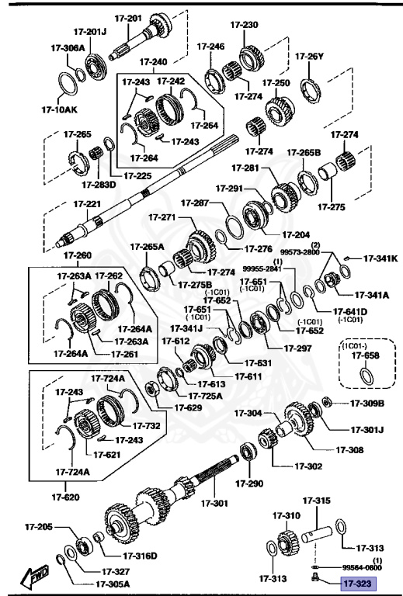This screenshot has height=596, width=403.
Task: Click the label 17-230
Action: [x=245, y=25]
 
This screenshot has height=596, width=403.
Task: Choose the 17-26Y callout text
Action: [x=308, y=56]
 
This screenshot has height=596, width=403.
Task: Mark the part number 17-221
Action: [x=87, y=204]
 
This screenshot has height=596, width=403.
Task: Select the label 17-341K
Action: [x=380, y=258]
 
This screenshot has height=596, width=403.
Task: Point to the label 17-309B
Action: [x=367, y=403]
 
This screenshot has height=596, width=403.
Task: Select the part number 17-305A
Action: [x=113, y=584]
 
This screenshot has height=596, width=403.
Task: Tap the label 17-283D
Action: [x=99, y=185]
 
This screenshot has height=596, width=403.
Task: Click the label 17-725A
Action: [x=206, y=396]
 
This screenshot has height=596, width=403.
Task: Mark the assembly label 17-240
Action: [x=153, y=61]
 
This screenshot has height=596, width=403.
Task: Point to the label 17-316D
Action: [x=141, y=555]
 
